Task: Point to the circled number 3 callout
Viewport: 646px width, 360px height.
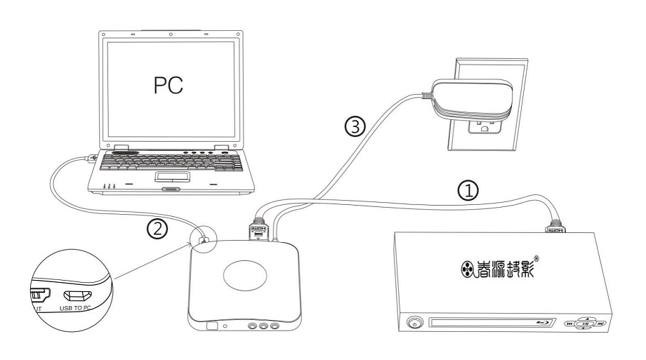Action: pyautogui.click(x=355, y=126)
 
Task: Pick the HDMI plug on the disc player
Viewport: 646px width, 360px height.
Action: pyautogui.click(x=555, y=225)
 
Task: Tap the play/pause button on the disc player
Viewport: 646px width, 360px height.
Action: pyautogui.click(x=585, y=324)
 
